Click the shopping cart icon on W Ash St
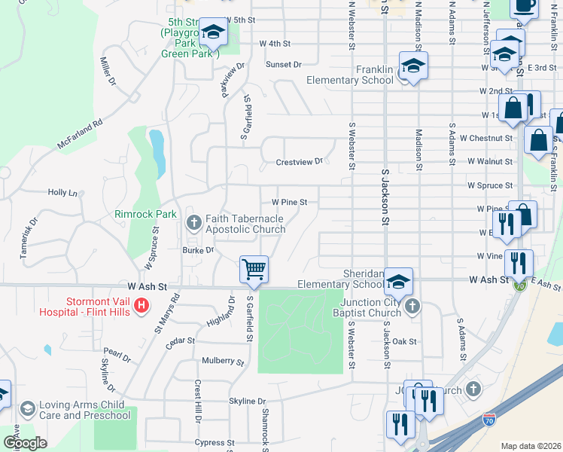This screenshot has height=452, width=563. [x=254, y=269]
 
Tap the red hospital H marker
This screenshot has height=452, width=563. [x=142, y=306]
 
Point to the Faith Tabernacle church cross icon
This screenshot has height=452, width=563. [x=193, y=221]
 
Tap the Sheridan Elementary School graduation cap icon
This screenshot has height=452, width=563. [x=397, y=281]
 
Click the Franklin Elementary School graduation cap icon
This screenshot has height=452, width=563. [x=412, y=66]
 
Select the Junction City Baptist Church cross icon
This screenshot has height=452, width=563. [x=412, y=306]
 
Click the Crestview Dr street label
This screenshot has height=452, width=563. [x=299, y=161]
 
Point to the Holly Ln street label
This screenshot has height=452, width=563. [x=62, y=193]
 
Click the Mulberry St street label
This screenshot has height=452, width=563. [x=224, y=362]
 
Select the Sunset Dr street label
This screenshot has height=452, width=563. [x=284, y=65]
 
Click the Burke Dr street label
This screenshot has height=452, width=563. [x=199, y=249]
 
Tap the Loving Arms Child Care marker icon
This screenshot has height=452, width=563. [x=28, y=408]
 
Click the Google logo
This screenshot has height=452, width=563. [x=25, y=444]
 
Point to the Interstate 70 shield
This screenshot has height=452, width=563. [x=489, y=417]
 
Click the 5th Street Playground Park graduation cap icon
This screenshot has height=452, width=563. [x=214, y=32]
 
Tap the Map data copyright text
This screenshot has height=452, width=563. [x=530, y=446]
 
